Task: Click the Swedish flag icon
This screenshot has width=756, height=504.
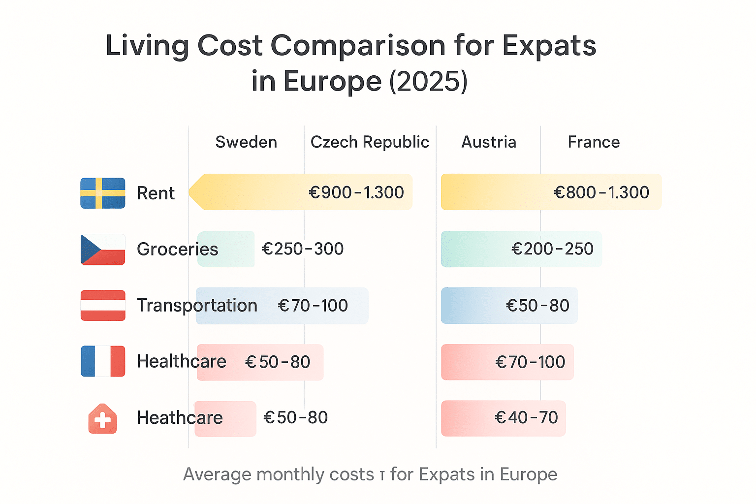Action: coord(103,193)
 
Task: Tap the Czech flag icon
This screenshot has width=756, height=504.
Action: coord(103,250)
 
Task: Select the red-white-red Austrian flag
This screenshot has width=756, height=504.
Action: coord(103,306)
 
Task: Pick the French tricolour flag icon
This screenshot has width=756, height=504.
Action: coord(103,361)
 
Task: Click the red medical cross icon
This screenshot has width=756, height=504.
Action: coord(102,419)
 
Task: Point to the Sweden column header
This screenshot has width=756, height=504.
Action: coord(246,142)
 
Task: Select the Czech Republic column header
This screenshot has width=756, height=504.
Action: coord(370,142)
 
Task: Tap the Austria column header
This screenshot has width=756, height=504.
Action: coord(489,142)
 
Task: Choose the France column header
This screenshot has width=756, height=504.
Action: coord(594,142)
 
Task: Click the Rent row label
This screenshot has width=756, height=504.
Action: coord(156,193)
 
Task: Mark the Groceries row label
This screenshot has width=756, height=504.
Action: coord(177,250)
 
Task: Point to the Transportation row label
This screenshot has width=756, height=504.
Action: coord(197,306)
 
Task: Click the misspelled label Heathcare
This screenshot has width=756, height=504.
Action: coord(180,418)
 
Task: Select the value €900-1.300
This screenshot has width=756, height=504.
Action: coord(356,192)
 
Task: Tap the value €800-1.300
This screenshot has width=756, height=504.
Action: coord(601,192)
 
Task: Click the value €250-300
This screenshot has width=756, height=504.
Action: coord(303,249)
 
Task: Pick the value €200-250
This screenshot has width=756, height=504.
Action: coord(552,249)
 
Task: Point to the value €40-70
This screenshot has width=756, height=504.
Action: coord(526,418)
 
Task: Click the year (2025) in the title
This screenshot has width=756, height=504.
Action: coord(428,81)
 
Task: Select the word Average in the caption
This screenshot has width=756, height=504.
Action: coord(217,474)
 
